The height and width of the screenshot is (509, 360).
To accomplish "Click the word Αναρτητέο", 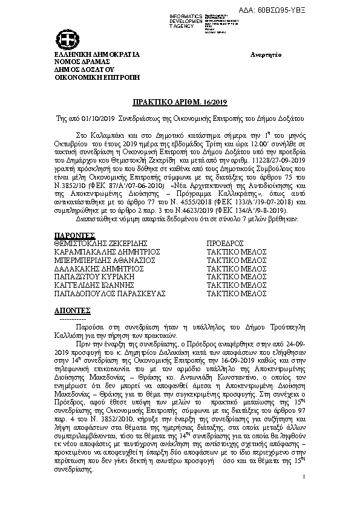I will pyautogui.click(x=267, y=55).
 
